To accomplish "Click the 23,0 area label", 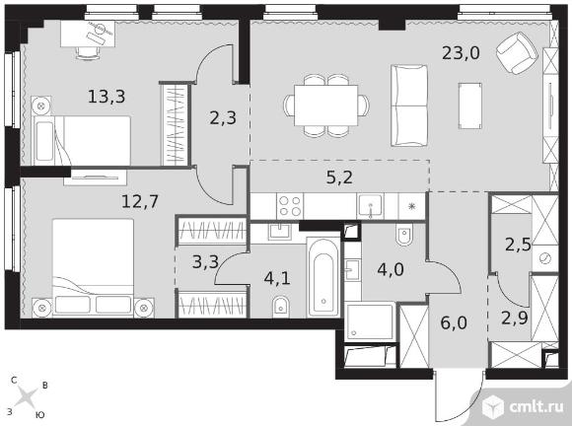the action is coord(461,53).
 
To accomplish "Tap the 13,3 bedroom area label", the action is coord(107,97).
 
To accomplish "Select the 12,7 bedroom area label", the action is coord(140,201).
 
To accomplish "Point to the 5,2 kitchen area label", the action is coord(339,177).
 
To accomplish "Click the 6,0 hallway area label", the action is coord(454,322).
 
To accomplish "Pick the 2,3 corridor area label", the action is coord(223,118).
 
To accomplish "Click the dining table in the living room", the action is coord(326,106).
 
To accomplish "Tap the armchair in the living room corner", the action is coord(518,53).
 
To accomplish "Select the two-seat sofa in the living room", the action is coord(409,106).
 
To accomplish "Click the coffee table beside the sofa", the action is coord(470,106).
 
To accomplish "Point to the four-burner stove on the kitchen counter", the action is coord(290,206).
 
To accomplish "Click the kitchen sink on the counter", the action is coord(371,206).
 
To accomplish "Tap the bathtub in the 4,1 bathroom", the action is coord(323,277).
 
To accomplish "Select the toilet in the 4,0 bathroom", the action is coord(404,235).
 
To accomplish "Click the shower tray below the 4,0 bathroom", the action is coord(370,321).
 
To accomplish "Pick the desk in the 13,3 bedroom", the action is coord(88,34).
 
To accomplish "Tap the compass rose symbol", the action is coord(28,396).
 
